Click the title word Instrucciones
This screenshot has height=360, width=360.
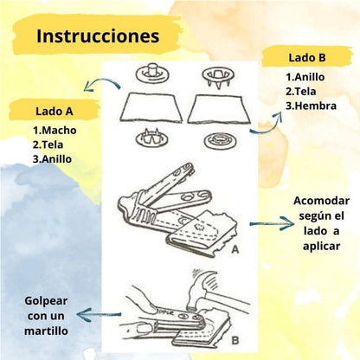click(98, 37)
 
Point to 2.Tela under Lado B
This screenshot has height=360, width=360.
click(303, 91)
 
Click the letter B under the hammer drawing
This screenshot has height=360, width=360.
click(235, 340)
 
